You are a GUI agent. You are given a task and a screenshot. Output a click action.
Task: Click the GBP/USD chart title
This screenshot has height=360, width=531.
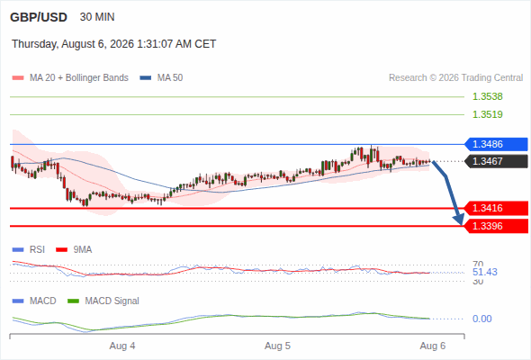pyautogui.click(x=39, y=17)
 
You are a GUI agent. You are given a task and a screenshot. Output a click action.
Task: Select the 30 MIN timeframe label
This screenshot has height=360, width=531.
pyautogui.click(x=97, y=17)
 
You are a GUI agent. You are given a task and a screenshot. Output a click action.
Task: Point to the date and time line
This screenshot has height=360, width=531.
pyautogui.click(x=113, y=44)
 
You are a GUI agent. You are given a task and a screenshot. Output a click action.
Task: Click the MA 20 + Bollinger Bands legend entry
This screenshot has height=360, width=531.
pyautogui.click(x=70, y=78)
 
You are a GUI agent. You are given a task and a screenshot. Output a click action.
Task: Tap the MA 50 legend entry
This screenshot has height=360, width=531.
pyautogui.click(x=161, y=78)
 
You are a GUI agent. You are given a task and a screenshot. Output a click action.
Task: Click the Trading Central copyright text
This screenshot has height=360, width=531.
pyautogui.click(x=455, y=78)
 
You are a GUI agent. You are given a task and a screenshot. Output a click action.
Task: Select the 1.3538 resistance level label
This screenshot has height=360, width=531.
pyautogui.click(x=487, y=96)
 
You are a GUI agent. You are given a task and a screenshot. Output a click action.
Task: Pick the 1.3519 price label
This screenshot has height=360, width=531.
pyautogui.click(x=487, y=114)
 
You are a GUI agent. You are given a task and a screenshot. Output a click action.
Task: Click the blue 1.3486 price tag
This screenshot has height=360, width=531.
pyautogui.click(x=496, y=144)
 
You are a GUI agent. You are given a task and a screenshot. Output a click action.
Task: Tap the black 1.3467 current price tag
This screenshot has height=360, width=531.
pyautogui.click(x=496, y=161)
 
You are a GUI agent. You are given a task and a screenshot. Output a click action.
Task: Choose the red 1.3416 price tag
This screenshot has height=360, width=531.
pyautogui.click(x=496, y=208)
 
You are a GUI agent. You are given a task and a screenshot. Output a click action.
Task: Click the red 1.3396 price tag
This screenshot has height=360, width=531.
pyautogui.click(x=496, y=226)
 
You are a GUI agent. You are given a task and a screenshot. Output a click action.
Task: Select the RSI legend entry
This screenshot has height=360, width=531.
pyautogui.click(x=29, y=249)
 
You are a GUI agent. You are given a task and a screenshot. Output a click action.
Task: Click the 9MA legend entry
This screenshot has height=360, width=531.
pyautogui.click(x=74, y=249)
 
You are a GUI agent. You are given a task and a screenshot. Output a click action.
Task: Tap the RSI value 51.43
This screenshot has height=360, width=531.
pyautogui.click(x=485, y=272)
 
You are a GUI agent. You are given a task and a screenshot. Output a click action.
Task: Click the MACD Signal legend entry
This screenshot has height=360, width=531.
pyautogui.click(x=103, y=301)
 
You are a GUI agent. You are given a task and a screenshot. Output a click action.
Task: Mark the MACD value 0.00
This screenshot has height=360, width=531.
pyautogui.click(x=481, y=319)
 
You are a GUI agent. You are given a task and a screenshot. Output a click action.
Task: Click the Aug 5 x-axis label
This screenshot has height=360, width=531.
pyautogui.click(x=277, y=346)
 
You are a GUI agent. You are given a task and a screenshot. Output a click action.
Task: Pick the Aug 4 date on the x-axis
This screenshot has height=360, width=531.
pyautogui.click(x=122, y=346)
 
